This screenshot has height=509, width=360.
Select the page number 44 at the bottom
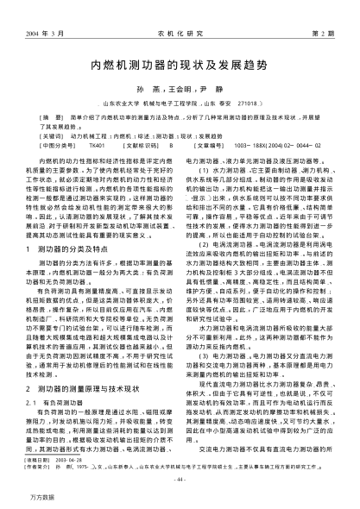pyautogui.click(x=180, y=480)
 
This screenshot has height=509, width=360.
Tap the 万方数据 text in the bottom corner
pyautogui.click(x=21, y=499)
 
